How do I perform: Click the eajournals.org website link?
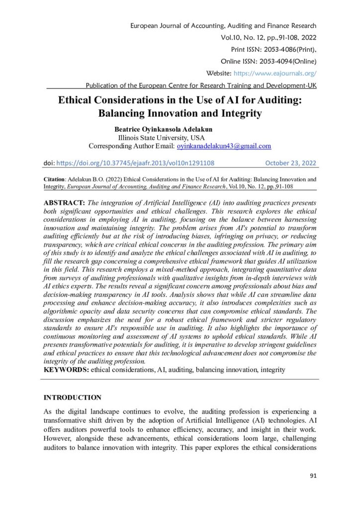[x=281, y=73]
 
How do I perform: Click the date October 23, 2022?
[x=290, y=163]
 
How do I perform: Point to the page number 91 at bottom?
[x=313, y=476]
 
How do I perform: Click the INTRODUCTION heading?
[x=73, y=397]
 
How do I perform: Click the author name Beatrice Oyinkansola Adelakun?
[x=164, y=130]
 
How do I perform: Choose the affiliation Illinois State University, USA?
[x=161, y=138]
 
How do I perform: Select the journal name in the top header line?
[x=222, y=25]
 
